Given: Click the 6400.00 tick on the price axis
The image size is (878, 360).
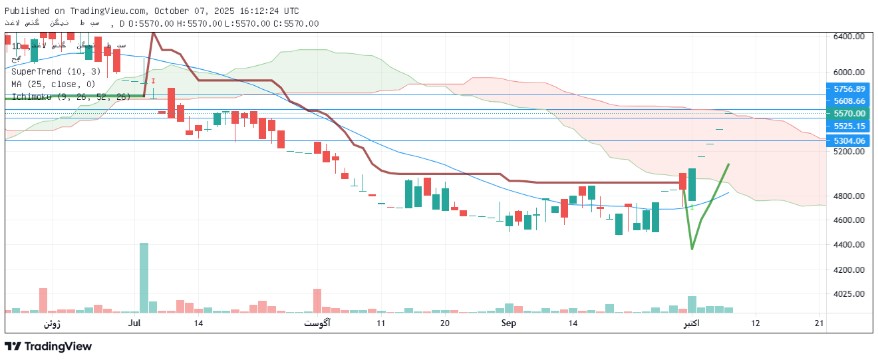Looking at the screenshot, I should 849,37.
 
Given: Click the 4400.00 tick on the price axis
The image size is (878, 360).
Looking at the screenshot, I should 849,245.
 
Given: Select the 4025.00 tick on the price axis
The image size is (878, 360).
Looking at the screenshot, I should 849,293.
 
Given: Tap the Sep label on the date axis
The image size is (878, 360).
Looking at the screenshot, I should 509,323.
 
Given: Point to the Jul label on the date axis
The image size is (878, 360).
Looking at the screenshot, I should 135,323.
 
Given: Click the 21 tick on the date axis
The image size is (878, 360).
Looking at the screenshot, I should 819,323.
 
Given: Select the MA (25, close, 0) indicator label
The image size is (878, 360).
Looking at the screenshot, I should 53,84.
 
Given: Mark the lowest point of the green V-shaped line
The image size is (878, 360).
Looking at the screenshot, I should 692,248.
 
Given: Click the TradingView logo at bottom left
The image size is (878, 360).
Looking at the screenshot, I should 48,346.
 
